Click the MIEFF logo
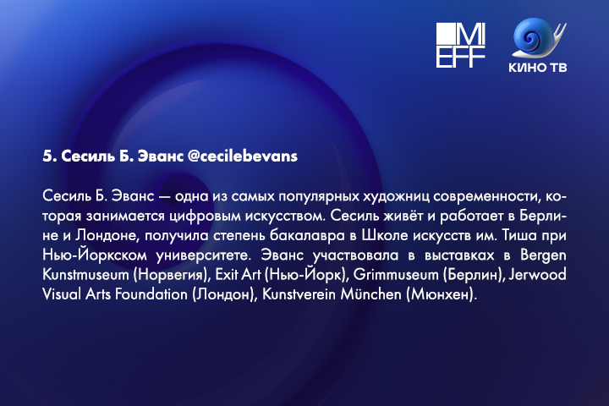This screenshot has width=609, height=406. [461, 45]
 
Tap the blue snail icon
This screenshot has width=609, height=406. [539, 38]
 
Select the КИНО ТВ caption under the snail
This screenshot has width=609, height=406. [538, 67]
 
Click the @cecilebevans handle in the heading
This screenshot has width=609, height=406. [243, 156]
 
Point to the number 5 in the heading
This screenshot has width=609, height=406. [47, 156]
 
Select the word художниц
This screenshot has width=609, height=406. [396, 196]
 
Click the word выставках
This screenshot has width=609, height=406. [459, 255]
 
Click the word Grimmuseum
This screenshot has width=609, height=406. [396, 275]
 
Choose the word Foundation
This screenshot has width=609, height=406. [151, 294]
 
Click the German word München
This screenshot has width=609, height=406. [370, 294]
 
